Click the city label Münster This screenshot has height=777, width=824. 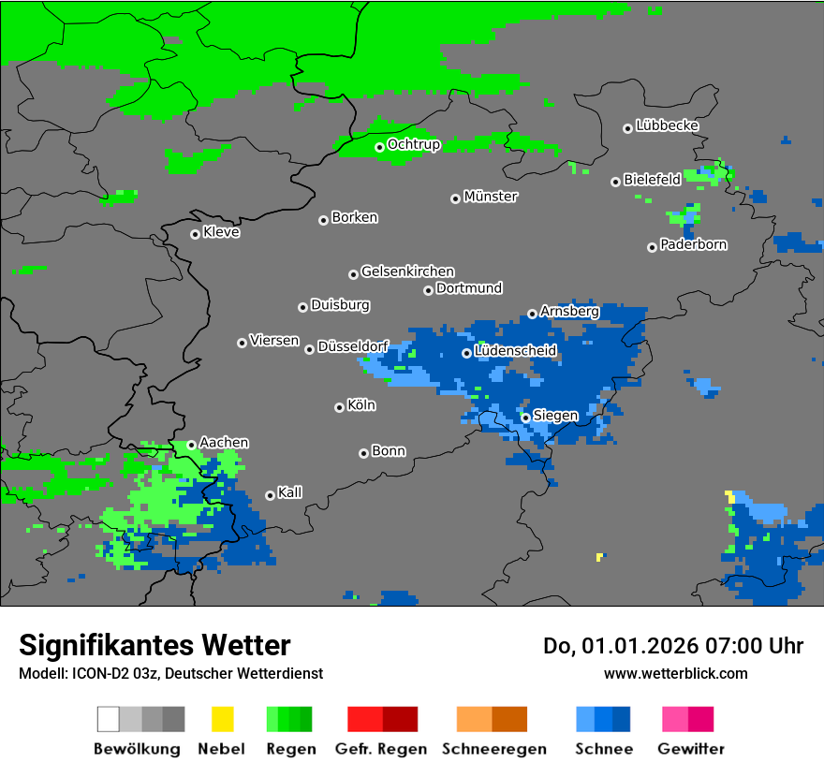coord(491,197)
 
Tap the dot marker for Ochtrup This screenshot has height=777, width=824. coord(379,147)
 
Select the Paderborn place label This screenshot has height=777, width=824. coord(693,244)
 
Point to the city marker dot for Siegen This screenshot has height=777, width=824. coord(525,418)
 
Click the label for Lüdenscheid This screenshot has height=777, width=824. coord(515,350)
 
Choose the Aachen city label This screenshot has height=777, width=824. coord(224,442)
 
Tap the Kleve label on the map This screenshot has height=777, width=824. coord(221,232)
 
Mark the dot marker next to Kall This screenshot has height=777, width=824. coord(270,495)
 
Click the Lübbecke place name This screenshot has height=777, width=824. coord(667,125)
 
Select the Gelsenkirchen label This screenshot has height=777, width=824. coord(407,271)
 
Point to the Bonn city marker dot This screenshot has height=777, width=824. coord(363,453)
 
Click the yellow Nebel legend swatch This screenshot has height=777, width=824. coord(222,719)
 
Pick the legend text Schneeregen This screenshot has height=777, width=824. coord(493,749)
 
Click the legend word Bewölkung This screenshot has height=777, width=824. coord(137,749)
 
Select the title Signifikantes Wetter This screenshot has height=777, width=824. coord(154,645)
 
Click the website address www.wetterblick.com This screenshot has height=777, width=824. coord(675,673)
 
